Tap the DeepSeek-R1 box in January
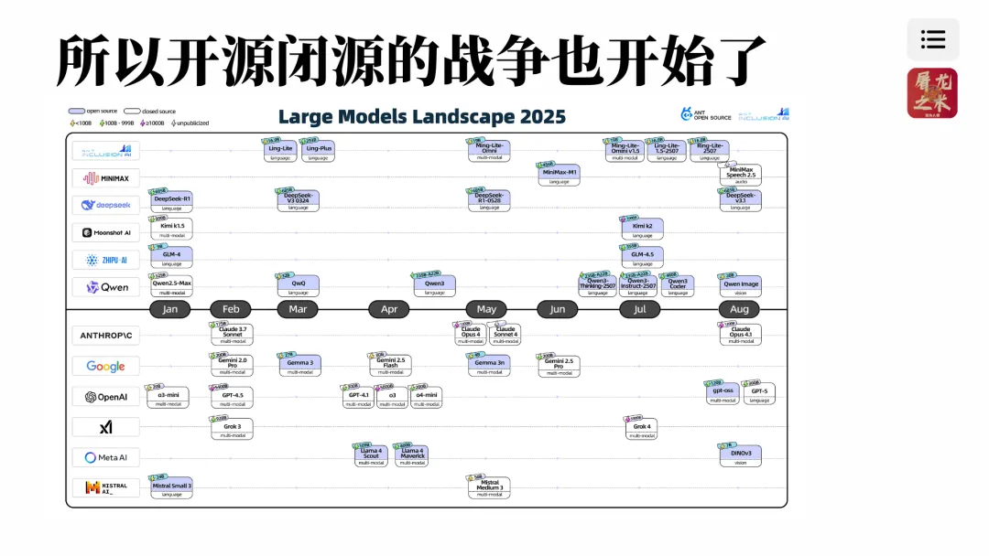[x=172, y=201]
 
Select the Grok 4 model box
[x=642, y=428]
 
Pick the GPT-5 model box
[x=759, y=393]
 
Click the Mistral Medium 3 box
[x=489, y=486]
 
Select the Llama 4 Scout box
[x=371, y=454]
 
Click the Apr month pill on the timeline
[x=389, y=309]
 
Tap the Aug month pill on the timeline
[x=740, y=309]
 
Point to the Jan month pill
[x=170, y=309]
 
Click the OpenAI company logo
[x=106, y=397]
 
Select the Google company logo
[x=106, y=366]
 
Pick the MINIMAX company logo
[x=106, y=178]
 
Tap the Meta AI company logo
[x=106, y=457]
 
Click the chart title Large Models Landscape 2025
[x=422, y=117]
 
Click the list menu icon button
[x=933, y=39]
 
